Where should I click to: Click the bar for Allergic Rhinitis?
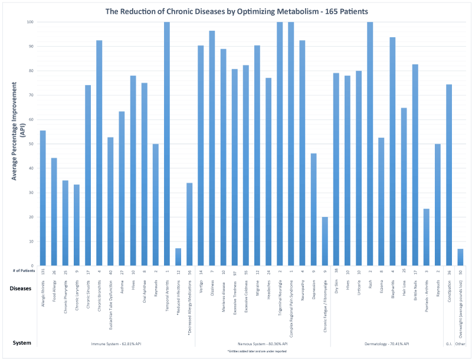(x=42, y=198)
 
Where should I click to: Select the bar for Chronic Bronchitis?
(x=99, y=153)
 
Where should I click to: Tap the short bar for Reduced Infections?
(x=178, y=257)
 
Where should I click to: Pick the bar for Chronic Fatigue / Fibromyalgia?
(x=324, y=241)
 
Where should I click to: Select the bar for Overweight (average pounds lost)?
(x=460, y=257)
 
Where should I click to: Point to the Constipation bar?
(x=449, y=175)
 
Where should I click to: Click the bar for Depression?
(x=313, y=210)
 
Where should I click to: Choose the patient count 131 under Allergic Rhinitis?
(x=42, y=271)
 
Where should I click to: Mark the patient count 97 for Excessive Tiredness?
(x=234, y=271)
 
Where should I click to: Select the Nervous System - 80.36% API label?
(x=263, y=343)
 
